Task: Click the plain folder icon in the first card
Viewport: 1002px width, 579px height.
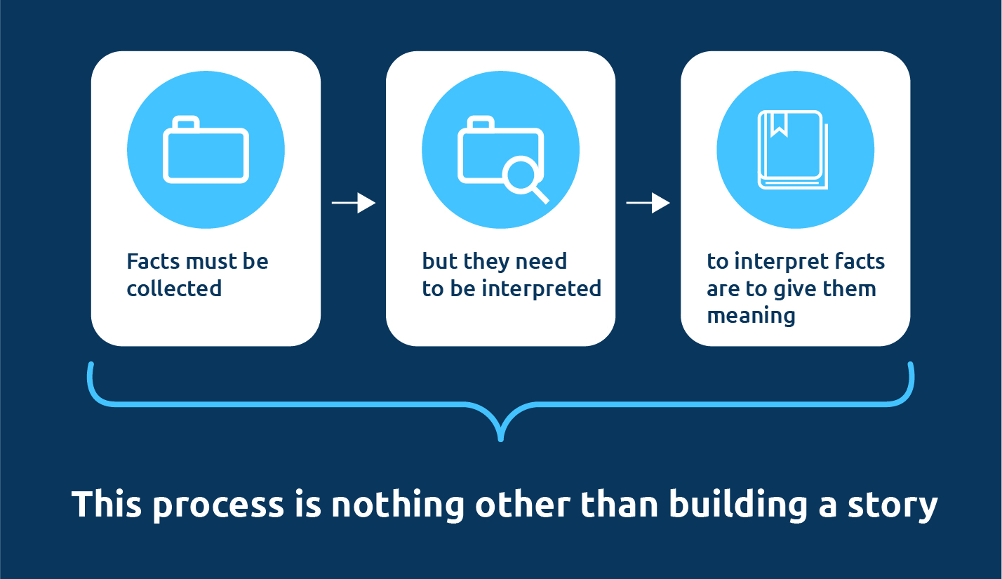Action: [206, 149]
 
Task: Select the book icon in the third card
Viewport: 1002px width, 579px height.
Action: [793, 149]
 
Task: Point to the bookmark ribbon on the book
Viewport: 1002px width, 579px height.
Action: [779, 124]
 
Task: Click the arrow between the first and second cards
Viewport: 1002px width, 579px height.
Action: [354, 203]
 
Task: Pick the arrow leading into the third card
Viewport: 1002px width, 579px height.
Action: [648, 203]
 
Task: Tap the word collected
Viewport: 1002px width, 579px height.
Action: [174, 288]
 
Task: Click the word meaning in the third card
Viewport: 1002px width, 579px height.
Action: [751, 316]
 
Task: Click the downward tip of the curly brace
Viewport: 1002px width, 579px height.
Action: [500, 440]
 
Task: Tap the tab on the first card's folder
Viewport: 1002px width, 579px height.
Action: [186, 121]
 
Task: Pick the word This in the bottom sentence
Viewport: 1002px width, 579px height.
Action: [107, 505]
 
